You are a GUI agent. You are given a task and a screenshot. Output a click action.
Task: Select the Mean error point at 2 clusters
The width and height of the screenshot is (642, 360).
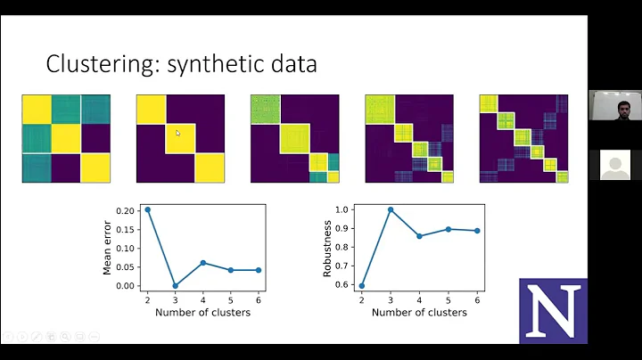(147, 209)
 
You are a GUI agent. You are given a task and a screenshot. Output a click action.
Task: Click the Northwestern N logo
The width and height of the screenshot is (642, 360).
(553, 311)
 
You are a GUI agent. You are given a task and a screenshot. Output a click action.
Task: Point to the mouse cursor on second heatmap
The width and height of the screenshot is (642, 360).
(177, 134)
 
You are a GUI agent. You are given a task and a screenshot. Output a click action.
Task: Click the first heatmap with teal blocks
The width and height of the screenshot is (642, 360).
(65, 138)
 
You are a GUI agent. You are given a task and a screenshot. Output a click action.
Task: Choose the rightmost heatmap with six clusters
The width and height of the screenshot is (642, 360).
(523, 138)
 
